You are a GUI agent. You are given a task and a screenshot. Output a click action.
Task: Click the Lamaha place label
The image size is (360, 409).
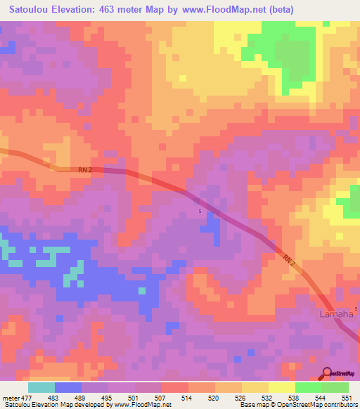point(336,313)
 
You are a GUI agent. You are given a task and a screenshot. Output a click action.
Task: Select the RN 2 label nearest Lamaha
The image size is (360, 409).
point(290,260)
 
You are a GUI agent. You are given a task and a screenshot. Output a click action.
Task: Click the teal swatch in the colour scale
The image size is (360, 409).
point(41,387)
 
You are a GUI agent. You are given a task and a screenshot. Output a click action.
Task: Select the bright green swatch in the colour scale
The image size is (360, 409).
point(309,387)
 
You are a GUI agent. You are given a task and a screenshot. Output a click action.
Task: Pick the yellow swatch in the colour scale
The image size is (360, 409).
point(282,387)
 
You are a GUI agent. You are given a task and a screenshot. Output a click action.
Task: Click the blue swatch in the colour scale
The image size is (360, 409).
point(68,387)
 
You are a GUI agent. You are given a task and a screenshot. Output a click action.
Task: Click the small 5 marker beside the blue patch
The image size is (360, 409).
point(200,212)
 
